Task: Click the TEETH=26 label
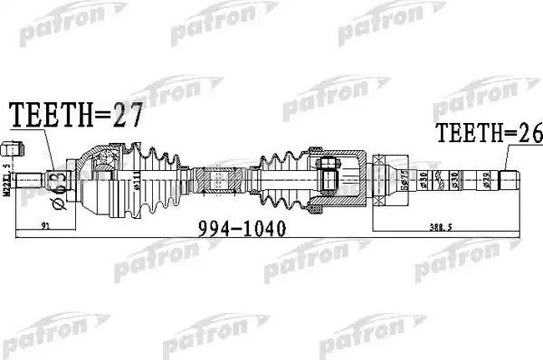[x=488, y=134]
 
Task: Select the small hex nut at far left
[x=11, y=148]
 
